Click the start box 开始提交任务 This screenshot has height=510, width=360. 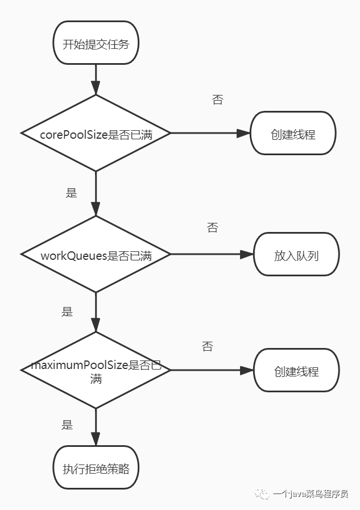[x=96, y=43]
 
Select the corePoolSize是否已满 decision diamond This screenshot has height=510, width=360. [x=96, y=133]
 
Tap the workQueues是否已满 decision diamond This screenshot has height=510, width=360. [x=96, y=254]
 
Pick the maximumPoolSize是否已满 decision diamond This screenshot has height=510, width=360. [x=96, y=370]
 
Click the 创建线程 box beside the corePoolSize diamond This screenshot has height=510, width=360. [x=293, y=133]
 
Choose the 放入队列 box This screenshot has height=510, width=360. [x=296, y=254]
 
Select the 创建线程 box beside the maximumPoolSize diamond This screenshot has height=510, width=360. [x=296, y=370]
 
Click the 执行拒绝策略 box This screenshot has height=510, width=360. [x=96, y=467]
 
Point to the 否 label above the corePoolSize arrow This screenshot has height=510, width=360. [x=218, y=99]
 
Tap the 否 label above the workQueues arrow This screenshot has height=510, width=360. [x=212, y=227]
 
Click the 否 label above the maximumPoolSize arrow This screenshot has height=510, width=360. [x=207, y=346]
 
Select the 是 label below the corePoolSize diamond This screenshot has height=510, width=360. [x=71, y=193]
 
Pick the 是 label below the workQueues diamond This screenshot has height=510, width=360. [x=67, y=312]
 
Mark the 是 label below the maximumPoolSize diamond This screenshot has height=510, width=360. [x=67, y=425]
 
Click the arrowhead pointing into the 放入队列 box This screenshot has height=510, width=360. [x=247, y=254]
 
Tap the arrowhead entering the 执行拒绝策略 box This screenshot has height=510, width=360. [x=96, y=439]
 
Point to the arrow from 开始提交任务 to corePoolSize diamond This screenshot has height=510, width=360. [x=96, y=80]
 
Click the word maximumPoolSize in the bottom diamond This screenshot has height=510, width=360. [x=80, y=365]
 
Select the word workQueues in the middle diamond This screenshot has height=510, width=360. [x=74, y=256]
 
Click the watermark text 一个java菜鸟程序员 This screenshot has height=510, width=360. [x=311, y=494]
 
